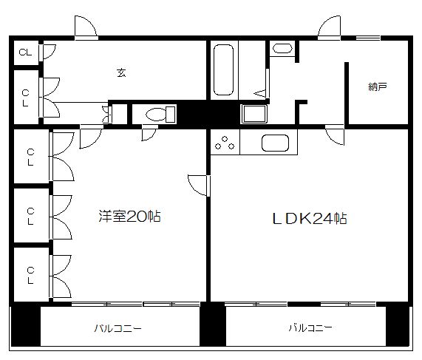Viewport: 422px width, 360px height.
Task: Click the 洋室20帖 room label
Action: (129, 216)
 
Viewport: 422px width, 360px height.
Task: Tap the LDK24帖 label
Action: (310, 218)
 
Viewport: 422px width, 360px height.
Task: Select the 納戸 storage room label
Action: (378, 86)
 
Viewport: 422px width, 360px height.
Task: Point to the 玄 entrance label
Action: (121, 72)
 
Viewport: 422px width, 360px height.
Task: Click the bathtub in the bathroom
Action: (223, 70)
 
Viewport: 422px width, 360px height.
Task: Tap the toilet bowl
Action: (160, 115)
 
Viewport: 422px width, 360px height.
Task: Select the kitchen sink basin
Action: (276, 143)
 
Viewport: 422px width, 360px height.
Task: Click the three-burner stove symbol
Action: (225, 143)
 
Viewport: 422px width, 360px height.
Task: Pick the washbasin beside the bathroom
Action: (282, 49)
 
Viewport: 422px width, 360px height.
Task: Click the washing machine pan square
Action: (254, 114)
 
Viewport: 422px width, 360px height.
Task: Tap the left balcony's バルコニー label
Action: (118, 328)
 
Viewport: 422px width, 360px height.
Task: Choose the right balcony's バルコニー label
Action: (310, 327)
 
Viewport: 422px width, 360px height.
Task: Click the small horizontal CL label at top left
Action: (25, 52)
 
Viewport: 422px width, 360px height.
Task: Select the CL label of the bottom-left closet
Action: (30, 276)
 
